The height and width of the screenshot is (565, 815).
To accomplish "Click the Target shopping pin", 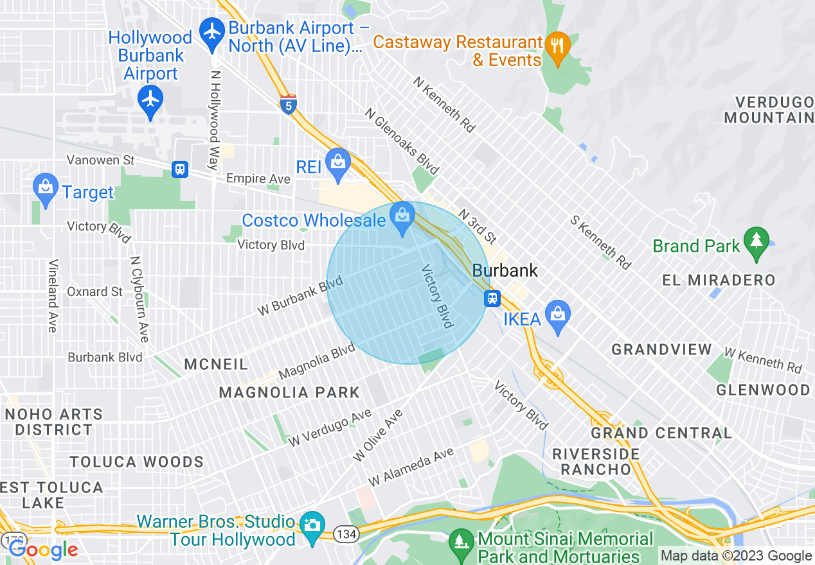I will [45, 187].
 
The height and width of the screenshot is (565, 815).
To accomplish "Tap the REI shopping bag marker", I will [338, 163].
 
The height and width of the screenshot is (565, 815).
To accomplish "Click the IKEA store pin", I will [558, 315].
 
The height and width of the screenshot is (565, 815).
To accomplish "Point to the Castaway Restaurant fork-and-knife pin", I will [557, 47].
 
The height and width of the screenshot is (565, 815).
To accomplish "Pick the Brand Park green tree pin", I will [756, 241].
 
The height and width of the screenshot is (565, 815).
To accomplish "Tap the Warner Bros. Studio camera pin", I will [313, 526].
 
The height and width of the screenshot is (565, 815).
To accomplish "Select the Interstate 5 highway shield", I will [289, 105].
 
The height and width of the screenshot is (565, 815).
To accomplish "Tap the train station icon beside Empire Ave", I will [180, 169].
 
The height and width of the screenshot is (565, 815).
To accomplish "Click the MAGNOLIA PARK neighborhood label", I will [289, 392].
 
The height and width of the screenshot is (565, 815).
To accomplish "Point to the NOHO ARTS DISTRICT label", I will [53, 422].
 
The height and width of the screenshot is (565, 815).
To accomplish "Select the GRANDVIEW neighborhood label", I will [661, 349].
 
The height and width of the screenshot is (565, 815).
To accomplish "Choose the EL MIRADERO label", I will [719, 280].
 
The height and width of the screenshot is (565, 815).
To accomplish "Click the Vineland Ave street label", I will [53, 295].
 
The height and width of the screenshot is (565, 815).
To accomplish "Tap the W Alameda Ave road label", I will [411, 466].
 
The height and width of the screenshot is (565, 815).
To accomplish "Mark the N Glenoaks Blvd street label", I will [402, 141].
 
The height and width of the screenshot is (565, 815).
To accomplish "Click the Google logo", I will [43, 550].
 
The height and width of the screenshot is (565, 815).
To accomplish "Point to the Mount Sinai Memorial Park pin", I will [461, 540].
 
